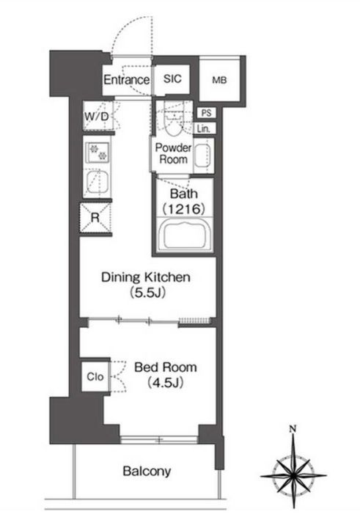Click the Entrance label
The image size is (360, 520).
coord(126,80)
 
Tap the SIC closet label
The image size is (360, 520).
coord(172,79)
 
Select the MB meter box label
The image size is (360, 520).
coord(219,80)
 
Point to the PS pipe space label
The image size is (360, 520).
coord(206,113)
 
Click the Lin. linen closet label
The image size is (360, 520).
coord(204,128)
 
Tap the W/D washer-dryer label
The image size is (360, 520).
coord(96,117)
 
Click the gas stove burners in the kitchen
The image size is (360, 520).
coord(98,151)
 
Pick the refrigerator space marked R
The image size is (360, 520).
coord(95,218)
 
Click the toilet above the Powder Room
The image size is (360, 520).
coord(174,122)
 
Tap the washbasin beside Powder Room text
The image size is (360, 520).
coord(202,155)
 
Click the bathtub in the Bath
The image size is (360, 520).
coord(185,235)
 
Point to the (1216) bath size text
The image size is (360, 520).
coord(183,209)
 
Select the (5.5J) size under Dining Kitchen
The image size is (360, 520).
coord(148,293)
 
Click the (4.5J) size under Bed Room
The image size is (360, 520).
coord(165,383)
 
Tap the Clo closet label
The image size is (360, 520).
coord(95,377)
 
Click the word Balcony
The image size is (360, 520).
coord(147,471)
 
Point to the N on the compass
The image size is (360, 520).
coord(293,429)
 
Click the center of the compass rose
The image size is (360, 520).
coord(294,475)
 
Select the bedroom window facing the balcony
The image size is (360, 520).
coord(159,440)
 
